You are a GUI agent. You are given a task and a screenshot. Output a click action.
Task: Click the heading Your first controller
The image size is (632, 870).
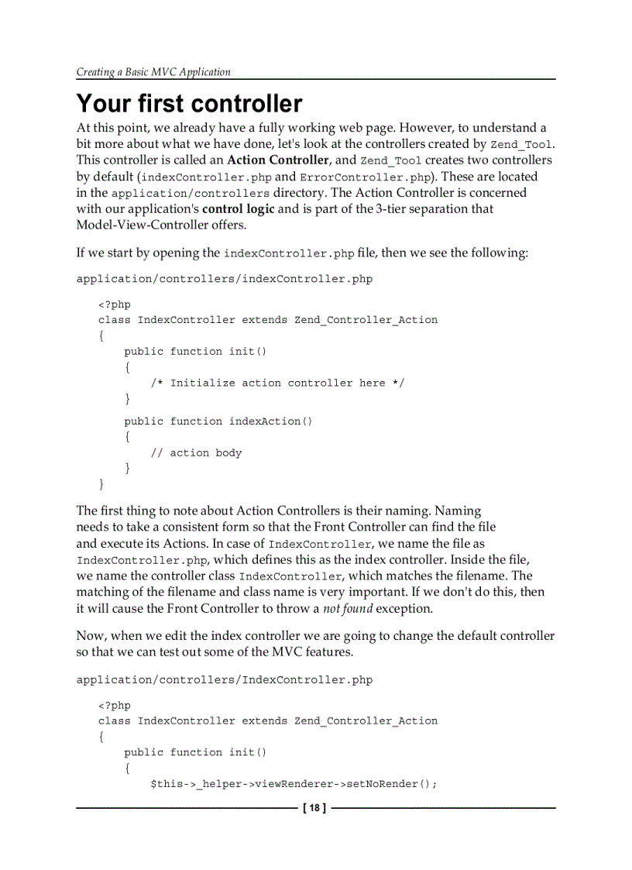(189, 104)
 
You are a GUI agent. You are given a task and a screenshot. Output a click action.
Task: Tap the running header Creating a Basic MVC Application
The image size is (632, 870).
(153, 72)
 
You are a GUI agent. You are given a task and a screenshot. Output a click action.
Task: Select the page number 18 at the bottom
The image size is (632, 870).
(314, 809)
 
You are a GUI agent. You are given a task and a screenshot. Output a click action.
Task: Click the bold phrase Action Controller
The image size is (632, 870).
(277, 160)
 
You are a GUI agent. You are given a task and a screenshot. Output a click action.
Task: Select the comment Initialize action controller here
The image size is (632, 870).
(277, 383)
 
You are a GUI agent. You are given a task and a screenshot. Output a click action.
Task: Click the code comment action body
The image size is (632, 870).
(205, 452)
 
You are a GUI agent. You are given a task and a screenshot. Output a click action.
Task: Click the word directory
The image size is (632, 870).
(300, 192)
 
